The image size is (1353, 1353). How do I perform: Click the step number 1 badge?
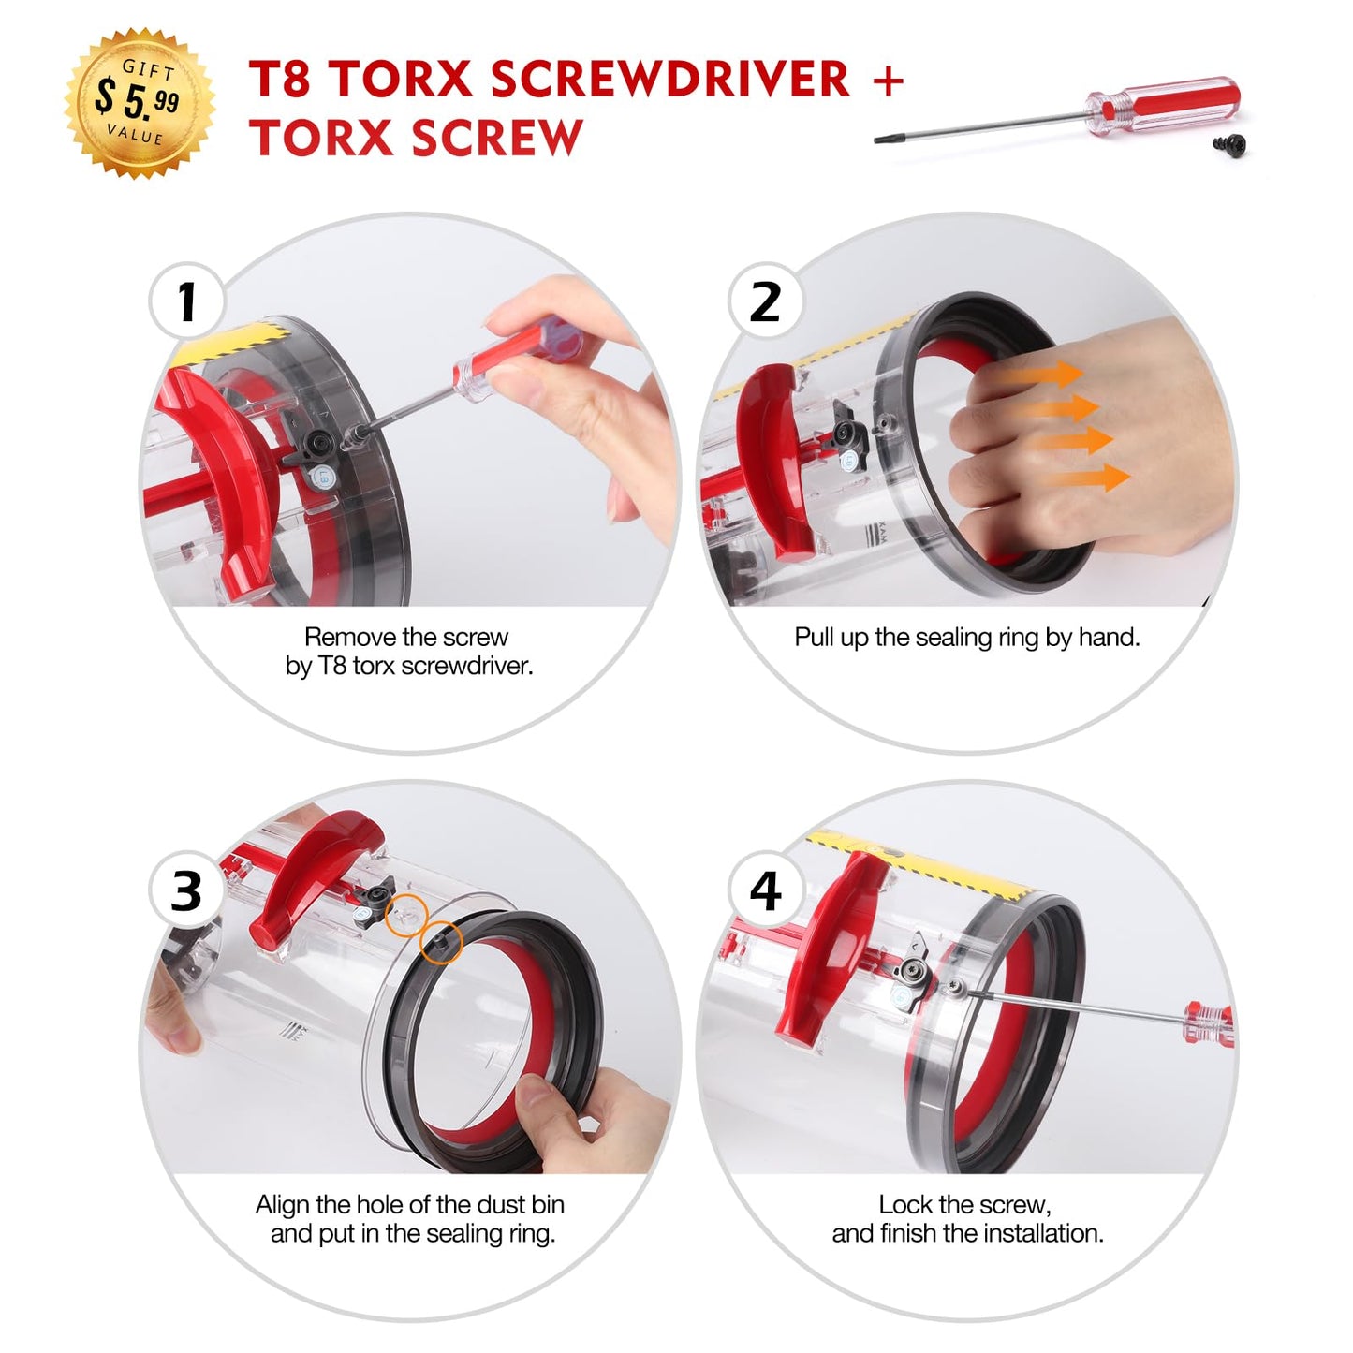pos(186,301)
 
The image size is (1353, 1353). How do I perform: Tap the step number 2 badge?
pos(765,301)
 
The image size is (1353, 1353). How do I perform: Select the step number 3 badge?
pos(186,890)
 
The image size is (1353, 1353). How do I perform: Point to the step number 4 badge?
pos(765,890)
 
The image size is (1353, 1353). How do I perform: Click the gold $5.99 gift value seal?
pos(140,102)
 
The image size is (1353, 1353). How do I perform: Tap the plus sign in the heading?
pos(889,80)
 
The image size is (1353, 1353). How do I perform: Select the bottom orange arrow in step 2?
pos(1086,478)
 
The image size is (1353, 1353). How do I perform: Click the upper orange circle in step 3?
pos(407,915)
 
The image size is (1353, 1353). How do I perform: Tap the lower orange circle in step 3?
pos(441,942)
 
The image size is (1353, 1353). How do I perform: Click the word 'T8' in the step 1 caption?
pos(332,665)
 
